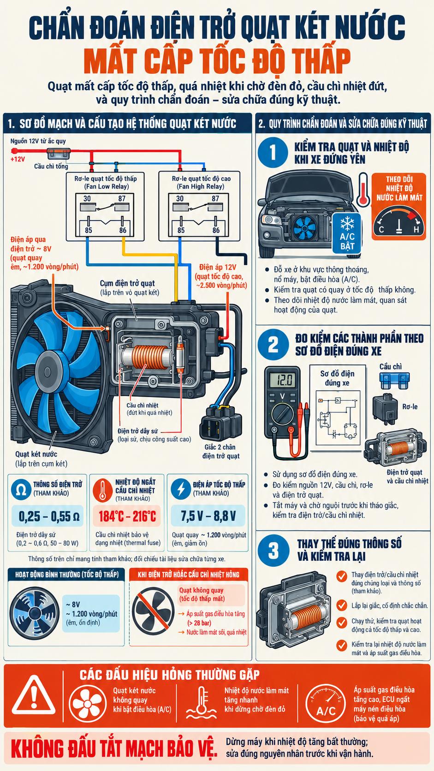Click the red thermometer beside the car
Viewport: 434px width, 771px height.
363,190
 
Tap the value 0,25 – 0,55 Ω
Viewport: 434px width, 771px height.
49,516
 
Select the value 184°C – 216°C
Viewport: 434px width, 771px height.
127,516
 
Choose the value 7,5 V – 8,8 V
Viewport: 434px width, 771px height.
208,516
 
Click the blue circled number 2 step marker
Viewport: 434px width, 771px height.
273,344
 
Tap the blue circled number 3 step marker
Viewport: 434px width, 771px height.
273,550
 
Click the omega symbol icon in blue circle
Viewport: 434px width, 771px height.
21,490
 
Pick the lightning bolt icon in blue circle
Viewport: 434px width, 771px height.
181,489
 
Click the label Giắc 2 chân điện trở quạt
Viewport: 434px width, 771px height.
220,451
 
